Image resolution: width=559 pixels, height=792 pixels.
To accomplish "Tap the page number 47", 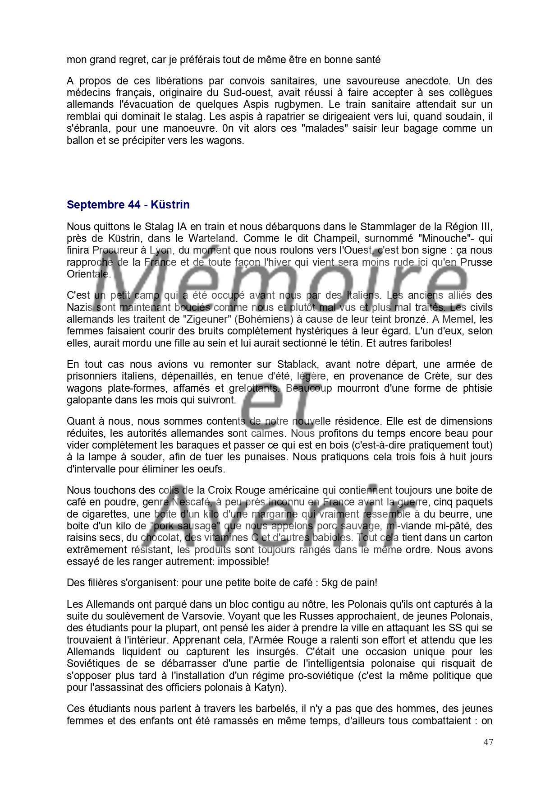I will pos(488,742).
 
